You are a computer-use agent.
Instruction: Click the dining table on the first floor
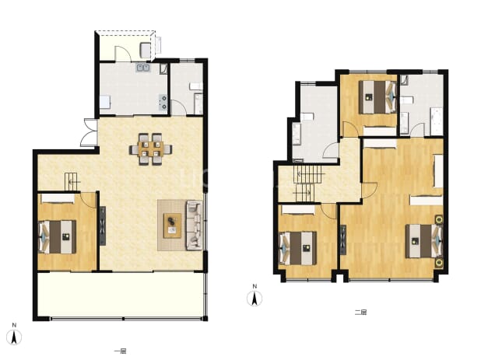[150, 149]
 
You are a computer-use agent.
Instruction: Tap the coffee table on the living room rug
[173, 225]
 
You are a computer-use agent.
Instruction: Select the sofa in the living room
[195, 225]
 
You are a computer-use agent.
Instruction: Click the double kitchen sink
[143, 68]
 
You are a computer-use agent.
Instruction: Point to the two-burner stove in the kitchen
[163, 103]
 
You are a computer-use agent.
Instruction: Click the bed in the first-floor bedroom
[57, 237]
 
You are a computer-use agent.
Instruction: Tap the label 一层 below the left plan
[120, 351]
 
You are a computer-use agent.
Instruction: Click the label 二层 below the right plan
[361, 313]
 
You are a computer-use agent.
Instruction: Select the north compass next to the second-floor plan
[255, 295]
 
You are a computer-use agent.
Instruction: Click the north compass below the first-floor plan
[14, 334]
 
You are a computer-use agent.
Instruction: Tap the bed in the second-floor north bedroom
[377, 97]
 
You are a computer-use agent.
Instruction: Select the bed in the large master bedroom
[424, 241]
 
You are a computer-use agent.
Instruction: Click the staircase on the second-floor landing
[307, 183]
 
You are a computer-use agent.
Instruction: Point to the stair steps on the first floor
[71, 181]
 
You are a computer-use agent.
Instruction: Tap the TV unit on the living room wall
[103, 225]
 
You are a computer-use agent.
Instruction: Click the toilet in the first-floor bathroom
[195, 86]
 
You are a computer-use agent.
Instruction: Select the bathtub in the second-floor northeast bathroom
[437, 121]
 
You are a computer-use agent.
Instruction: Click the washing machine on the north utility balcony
[146, 51]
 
